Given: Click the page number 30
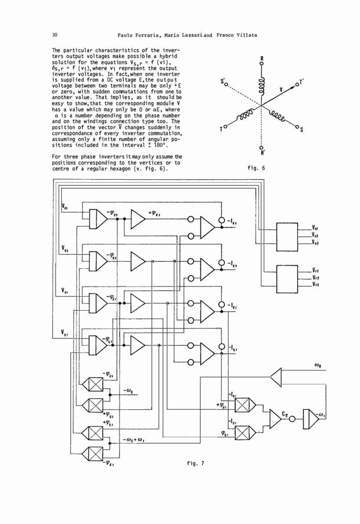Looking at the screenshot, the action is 55,35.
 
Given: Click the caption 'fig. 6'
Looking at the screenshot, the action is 256,168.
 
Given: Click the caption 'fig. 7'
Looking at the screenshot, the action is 195,463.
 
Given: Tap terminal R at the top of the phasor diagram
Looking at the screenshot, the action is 262,59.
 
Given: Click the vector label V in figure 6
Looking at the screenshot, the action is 281,90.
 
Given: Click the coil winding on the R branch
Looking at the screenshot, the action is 261,84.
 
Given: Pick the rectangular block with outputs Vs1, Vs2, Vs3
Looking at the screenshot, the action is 287,237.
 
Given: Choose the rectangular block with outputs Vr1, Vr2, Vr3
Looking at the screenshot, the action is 287,279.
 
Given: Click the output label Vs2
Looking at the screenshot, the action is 315,235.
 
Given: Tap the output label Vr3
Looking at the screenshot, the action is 315,285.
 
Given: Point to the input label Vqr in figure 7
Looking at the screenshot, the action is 65,332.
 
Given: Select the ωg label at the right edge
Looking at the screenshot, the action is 318,366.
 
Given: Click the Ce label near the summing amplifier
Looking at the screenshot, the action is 285,414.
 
